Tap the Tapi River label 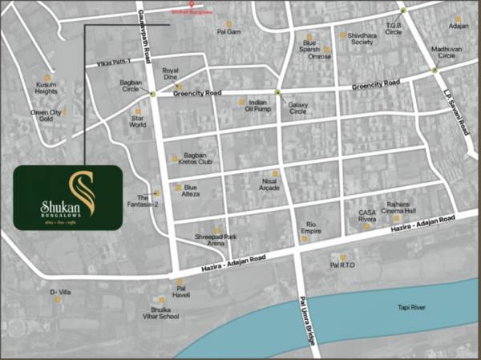click(x=414, y=308)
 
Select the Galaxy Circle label click(x=297, y=107)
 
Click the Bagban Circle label click(x=131, y=85)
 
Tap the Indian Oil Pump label click(x=257, y=107)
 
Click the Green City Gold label click(x=46, y=116)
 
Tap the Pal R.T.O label click(x=342, y=264)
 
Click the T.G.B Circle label click(x=393, y=29)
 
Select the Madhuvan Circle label click(x=447, y=53)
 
